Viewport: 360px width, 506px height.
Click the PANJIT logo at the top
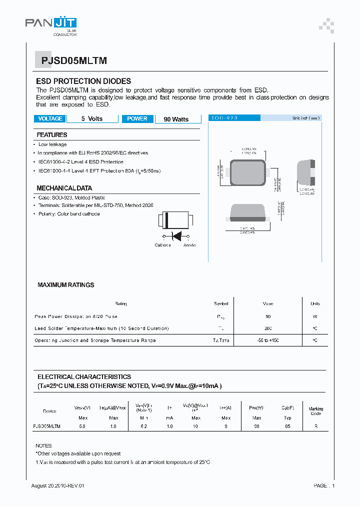point(51,23)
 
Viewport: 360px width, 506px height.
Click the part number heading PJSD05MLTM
point(70,61)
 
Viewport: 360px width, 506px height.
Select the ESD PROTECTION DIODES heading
point(83,81)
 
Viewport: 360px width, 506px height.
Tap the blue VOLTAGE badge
point(50,119)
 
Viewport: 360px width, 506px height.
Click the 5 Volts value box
point(92,119)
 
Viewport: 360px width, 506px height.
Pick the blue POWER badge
point(137,119)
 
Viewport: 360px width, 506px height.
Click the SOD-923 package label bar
point(234,118)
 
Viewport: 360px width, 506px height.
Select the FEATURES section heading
point(52,135)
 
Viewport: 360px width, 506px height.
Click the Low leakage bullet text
point(52,144)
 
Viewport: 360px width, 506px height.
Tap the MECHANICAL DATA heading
point(64,188)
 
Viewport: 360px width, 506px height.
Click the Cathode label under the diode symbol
point(162,245)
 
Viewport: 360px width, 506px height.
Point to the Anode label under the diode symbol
point(189,245)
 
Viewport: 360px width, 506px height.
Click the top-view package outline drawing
point(248,173)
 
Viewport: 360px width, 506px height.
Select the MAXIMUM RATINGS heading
point(65,285)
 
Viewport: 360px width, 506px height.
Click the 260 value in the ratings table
point(268,328)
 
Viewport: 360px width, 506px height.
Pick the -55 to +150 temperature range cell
point(268,340)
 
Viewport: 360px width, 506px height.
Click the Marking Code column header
point(315,411)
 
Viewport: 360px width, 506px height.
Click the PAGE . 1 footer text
point(324,486)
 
